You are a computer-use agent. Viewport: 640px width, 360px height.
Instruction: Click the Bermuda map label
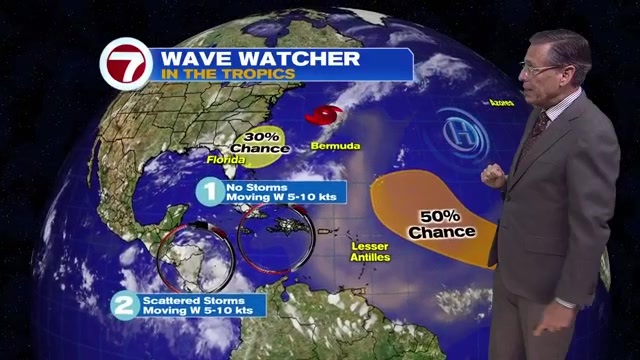coord(337,146)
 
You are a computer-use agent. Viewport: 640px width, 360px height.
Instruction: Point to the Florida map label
coord(226,160)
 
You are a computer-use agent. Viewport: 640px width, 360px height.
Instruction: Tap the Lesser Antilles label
coord(371,251)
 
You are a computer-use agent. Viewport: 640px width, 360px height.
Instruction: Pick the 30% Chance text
coord(259,143)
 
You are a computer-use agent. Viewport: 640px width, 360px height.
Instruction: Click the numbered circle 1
coord(209,191)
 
